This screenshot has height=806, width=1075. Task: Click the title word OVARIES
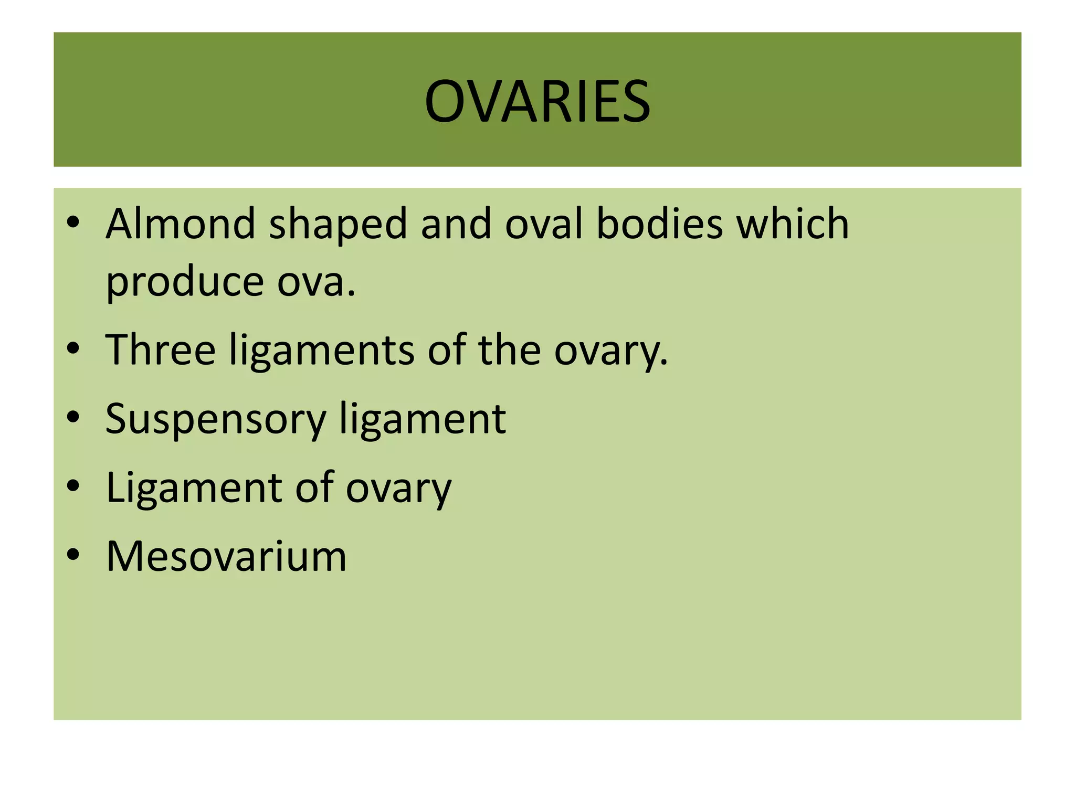point(537,101)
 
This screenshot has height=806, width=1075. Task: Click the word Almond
point(180,224)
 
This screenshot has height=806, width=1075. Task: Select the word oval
point(544,224)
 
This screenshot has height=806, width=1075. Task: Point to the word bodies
point(660,224)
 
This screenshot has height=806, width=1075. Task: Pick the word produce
point(184,282)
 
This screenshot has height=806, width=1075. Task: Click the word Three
point(161,349)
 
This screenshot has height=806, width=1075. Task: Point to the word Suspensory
point(216,419)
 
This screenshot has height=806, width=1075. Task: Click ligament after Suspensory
point(422,419)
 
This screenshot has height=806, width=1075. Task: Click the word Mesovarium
point(226,556)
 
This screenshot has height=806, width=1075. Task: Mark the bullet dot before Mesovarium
point(73,554)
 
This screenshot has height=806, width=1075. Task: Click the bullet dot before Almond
point(73,222)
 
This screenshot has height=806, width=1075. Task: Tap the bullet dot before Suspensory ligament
point(73,417)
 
